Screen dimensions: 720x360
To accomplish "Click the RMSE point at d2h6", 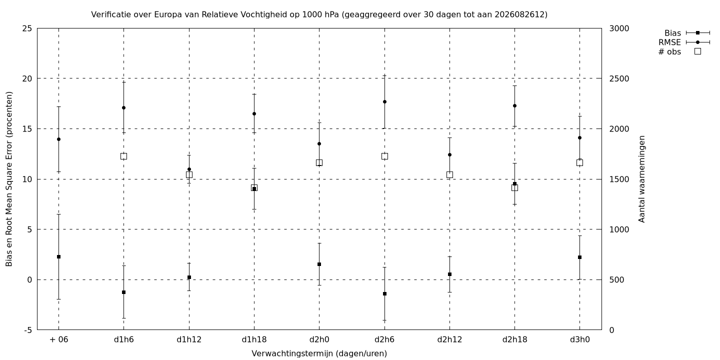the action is [x=384, y=102].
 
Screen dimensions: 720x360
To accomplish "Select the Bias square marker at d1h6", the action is [x=124, y=292].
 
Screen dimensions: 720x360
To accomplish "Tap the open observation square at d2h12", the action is [x=449, y=175].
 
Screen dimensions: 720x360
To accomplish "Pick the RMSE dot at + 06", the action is [x=59, y=139].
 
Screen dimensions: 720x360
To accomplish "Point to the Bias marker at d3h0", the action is [x=580, y=257].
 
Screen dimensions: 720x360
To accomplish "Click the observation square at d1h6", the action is [x=124, y=156].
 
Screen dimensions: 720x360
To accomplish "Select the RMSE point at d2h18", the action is [x=514, y=106].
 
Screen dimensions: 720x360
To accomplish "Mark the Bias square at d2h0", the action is [x=319, y=264].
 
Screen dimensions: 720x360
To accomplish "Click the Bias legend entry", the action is [x=687, y=33].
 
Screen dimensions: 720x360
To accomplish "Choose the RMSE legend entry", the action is [x=684, y=42].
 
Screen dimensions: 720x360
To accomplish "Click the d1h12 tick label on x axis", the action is [x=189, y=340].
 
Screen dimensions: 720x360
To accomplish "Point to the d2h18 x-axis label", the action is [x=514, y=340].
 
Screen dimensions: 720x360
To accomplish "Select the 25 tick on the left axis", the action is [x=27, y=28].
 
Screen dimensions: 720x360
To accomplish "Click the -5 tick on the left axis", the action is [x=27, y=330].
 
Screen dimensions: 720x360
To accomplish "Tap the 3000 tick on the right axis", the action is [x=619, y=28].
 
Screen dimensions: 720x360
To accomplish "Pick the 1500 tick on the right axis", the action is [x=619, y=179].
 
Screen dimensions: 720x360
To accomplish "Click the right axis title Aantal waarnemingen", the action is [x=641, y=179].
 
